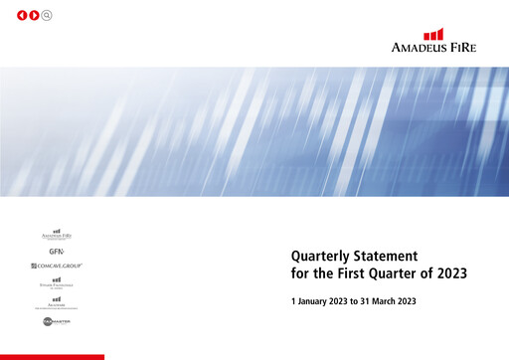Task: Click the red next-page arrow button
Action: [35, 15]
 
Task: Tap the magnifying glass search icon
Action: [47, 15]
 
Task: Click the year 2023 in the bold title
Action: [446, 272]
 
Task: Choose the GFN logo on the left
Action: [57, 252]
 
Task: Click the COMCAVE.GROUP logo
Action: [57, 267]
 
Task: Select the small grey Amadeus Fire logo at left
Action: [57, 235]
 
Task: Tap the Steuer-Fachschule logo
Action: [57, 283]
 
